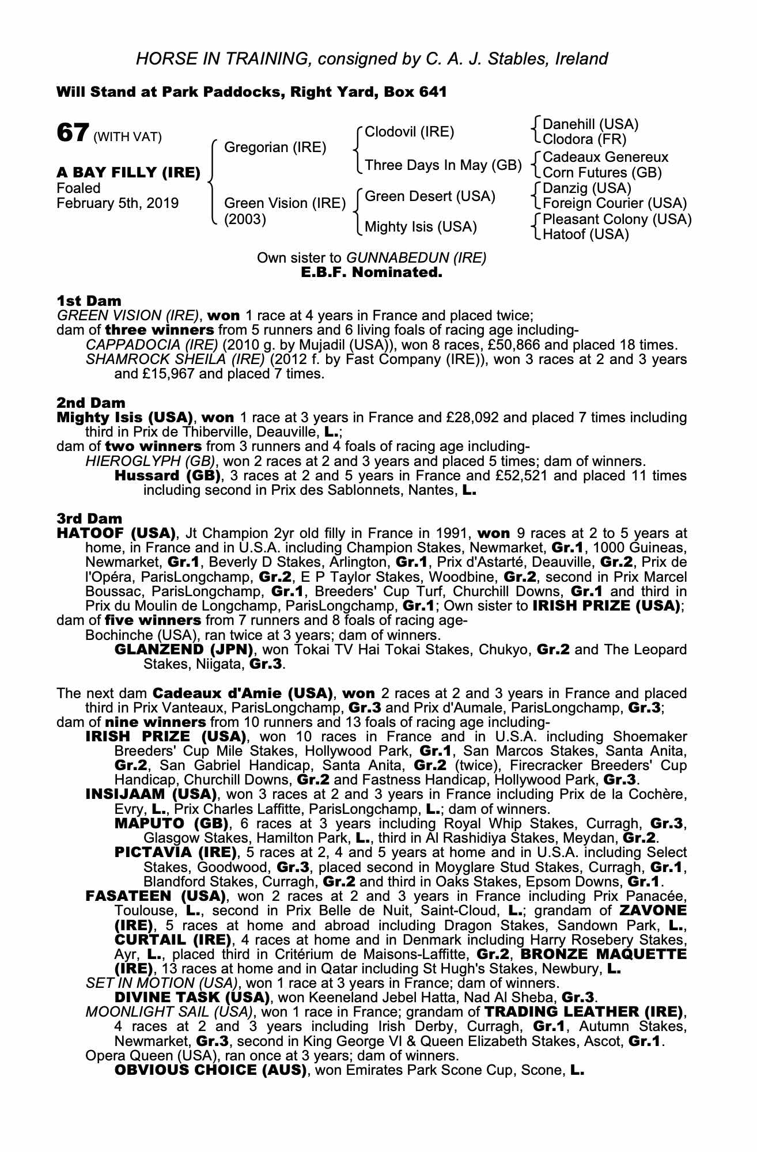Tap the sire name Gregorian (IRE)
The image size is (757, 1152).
pos(275,147)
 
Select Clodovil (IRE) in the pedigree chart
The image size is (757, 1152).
pos(410,132)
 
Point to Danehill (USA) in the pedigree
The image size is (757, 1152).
pos(591,124)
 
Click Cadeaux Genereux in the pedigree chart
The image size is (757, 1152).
pos(605,157)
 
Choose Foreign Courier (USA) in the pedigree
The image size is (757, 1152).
pos(615,203)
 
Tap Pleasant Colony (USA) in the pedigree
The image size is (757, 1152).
pos(617,219)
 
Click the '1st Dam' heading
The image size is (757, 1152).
pos(89,301)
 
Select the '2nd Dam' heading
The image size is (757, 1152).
pos(90,403)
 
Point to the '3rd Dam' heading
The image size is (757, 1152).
pos(89,519)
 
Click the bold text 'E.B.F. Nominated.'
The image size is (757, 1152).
pos(372,272)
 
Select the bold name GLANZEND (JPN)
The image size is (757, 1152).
pos(185,650)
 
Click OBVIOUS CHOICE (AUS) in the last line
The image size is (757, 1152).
pos(210,1070)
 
